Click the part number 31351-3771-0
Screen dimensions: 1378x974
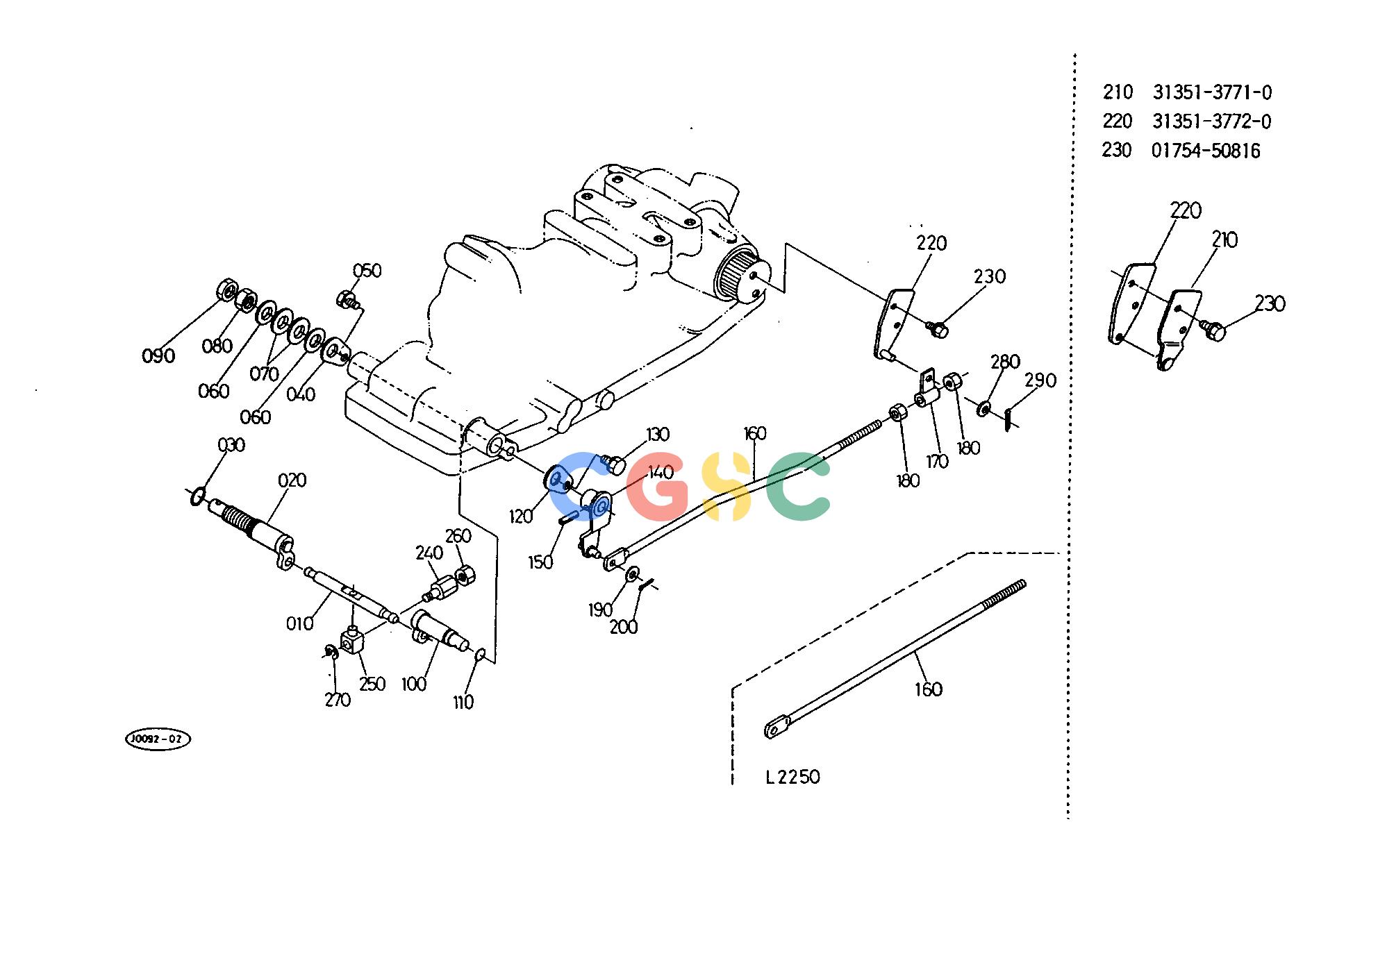point(1212,92)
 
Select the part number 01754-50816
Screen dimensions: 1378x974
point(1206,151)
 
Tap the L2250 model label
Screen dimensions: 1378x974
point(792,777)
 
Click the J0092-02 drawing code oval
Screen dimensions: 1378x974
point(157,739)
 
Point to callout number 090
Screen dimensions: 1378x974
point(158,356)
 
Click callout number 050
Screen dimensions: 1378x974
point(367,271)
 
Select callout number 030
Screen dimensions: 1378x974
point(231,445)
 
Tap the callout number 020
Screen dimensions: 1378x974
point(292,480)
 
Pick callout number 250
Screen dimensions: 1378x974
point(372,684)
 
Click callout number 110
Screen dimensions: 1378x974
point(463,703)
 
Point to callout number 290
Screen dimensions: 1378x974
point(1040,380)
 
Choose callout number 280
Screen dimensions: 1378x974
point(1005,362)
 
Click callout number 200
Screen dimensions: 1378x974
point(624,627)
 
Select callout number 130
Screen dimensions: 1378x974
point(657,435)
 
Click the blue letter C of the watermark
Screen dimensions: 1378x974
point(579,487)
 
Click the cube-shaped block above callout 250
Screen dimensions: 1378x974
point(352,640)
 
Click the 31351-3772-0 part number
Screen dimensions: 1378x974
point(1212,121)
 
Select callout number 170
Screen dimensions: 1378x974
point(937,461)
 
